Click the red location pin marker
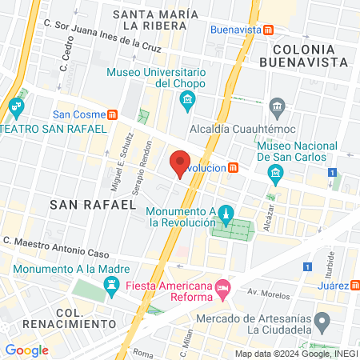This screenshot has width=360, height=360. (x=180, y=163)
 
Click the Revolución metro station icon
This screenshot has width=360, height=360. (x=233, y=167)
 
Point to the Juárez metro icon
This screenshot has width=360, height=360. (x=354, y=285)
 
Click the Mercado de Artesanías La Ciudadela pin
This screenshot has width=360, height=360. (x=322, y=323)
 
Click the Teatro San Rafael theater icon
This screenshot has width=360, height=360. (x=15, y=106)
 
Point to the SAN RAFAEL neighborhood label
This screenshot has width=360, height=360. (x=92, y=205)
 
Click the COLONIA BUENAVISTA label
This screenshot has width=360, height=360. (x=307, y=55)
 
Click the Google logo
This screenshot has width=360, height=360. (x=26, y=350)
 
